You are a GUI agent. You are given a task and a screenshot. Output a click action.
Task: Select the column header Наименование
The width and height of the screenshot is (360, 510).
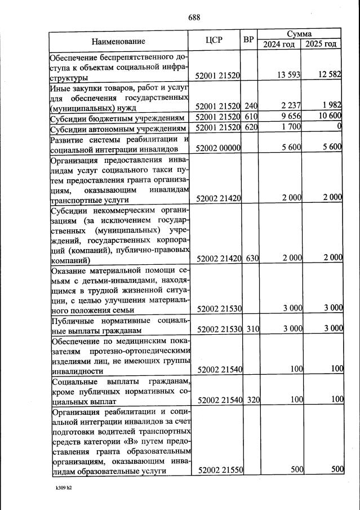(x=118, y=41)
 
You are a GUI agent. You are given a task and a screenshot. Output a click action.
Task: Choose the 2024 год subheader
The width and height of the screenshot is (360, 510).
(x=279, y=45)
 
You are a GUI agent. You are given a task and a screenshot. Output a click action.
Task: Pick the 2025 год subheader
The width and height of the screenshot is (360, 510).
(x=321, y=45)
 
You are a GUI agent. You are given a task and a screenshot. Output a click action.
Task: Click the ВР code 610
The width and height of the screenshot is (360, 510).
(x=251, y=117)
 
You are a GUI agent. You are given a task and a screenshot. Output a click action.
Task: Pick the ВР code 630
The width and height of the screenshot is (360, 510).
(x=251, y=258)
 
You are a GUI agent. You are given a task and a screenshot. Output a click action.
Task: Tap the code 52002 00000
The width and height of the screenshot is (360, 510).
(x=218, y=148)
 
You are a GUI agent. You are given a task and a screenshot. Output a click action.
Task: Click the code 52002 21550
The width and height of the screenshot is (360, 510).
(x=218, y=470)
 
